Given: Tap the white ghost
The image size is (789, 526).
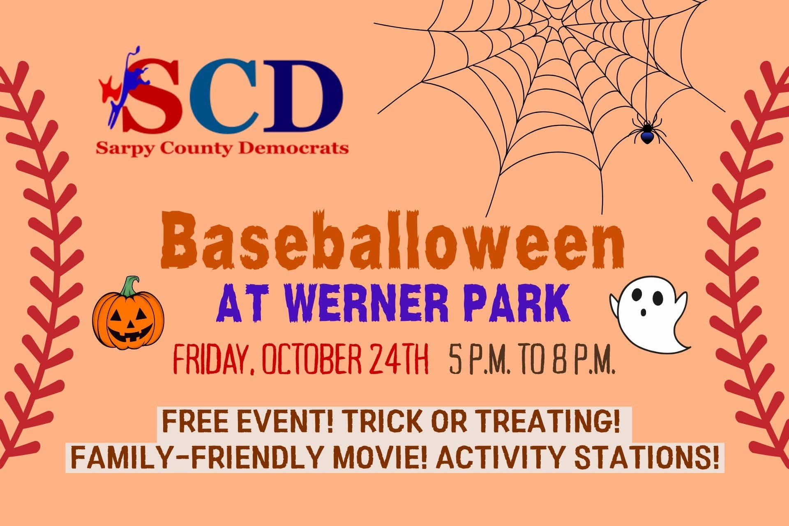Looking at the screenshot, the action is pyautogui.click(x=649, y=314).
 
